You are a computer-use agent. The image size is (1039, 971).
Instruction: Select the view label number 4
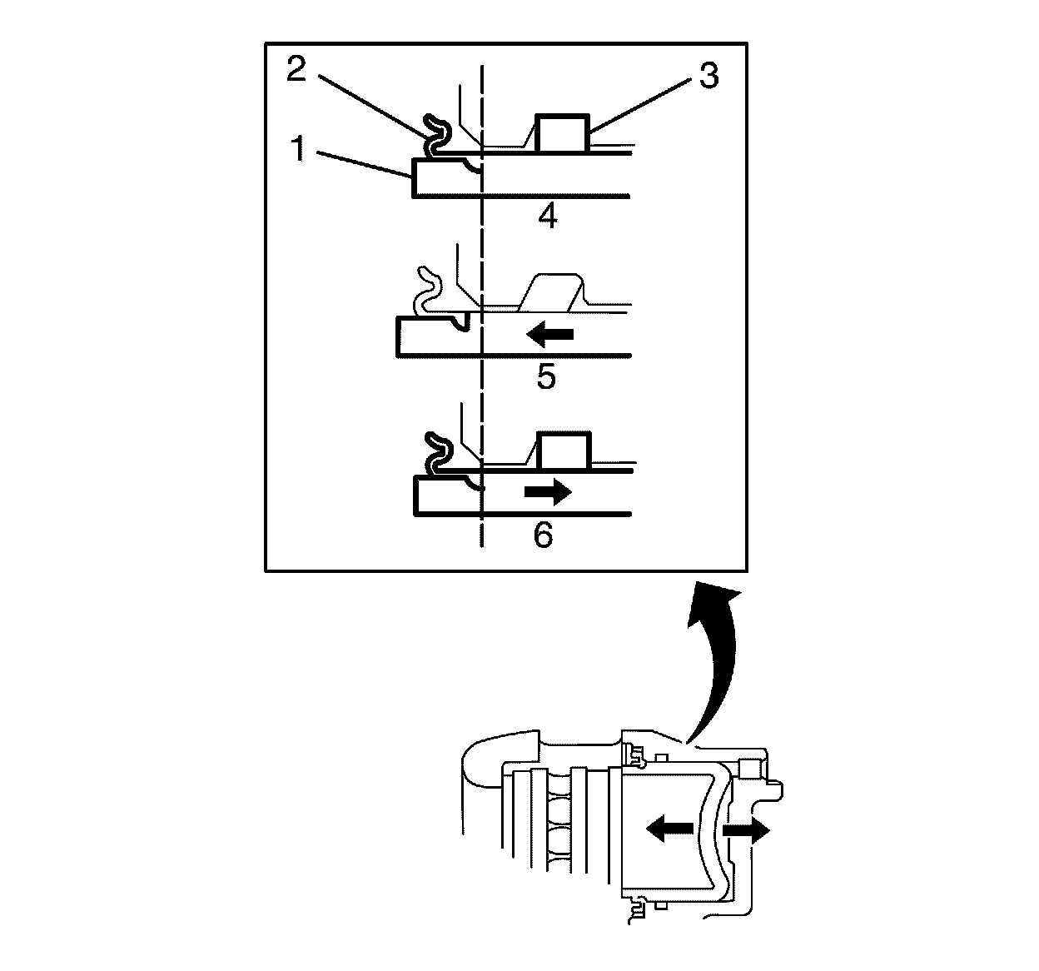(547, 217)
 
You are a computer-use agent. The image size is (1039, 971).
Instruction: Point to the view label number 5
(546, 377)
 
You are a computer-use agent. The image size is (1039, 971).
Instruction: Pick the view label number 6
(543, 535)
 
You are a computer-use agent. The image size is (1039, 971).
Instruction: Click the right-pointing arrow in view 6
(549, 492)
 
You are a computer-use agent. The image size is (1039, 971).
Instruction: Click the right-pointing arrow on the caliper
(746, 830)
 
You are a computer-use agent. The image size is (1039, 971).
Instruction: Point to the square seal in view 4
(563, 133)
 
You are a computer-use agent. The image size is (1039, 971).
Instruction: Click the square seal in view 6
(564, 451)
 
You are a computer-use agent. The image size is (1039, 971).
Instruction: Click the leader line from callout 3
(644, 104)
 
